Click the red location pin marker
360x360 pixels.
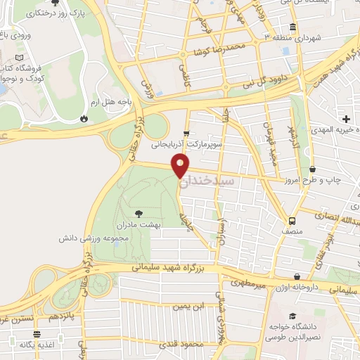point(180,166)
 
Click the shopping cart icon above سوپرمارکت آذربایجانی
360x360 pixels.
point(186,131)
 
